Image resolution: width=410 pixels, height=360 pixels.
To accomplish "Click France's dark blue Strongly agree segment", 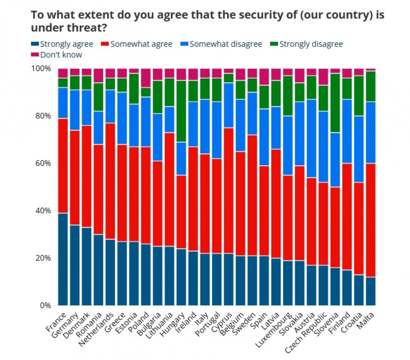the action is (x=63, y=259).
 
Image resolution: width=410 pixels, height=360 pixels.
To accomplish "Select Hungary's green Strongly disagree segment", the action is (x=181, y=111).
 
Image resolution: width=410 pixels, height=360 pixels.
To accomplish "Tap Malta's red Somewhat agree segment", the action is (x=371, y=220).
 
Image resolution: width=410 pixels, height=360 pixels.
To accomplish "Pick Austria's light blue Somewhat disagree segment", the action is (x=312, y=139).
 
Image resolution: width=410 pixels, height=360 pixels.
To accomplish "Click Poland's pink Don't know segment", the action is (x=146, y=78).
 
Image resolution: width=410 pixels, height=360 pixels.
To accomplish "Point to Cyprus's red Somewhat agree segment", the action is (x=229, y=190).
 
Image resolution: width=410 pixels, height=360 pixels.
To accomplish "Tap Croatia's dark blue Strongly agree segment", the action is (x=359, y=290).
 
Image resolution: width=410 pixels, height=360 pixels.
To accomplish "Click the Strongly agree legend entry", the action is (x=62, y=44).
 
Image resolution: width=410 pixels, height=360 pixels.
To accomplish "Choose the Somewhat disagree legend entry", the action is (x=221, y=44).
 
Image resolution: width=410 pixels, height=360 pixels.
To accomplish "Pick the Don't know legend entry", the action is (x=56, y=55).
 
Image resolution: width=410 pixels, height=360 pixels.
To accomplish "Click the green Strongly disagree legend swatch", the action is (x=274, y=44).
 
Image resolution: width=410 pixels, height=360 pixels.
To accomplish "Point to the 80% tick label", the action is (x=43, y=116).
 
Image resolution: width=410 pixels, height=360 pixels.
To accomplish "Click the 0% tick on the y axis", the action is (x=46, y=305).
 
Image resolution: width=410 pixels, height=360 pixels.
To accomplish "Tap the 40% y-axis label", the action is (x=43, y=211).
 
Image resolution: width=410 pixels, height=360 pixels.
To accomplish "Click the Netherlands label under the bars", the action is (x=96, y=329).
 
